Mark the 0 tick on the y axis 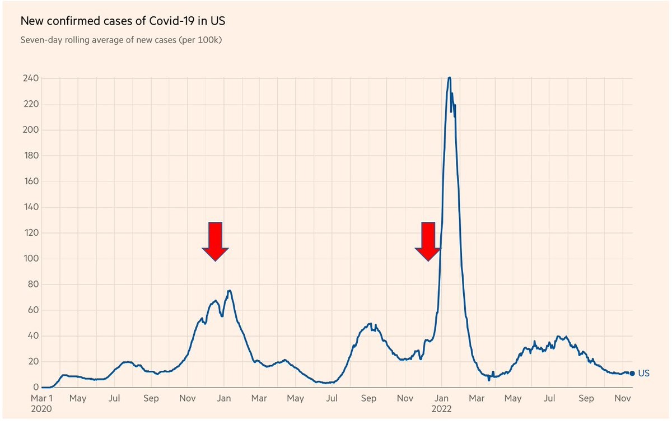[36, 388]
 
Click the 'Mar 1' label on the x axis [42, 399]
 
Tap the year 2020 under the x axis [41, 409]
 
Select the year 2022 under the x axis [441, 409]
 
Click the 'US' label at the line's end [643, 374]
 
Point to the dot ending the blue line [632, 374]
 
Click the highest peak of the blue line [449, 77]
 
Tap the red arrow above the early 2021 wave [216, 241]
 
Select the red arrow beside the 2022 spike [428, 241]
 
